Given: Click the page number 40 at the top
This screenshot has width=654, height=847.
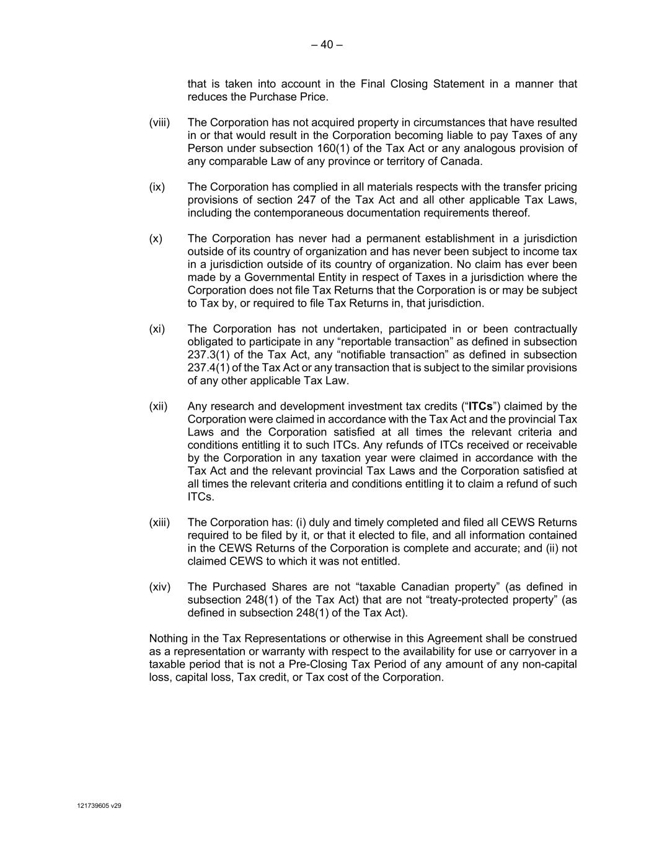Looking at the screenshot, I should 327,45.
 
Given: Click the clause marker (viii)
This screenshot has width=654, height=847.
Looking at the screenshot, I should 159,123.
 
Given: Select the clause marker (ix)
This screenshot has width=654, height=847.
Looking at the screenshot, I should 157,187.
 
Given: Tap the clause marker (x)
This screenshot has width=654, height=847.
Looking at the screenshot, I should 156,239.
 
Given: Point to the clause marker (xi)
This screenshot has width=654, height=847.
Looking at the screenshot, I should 157,329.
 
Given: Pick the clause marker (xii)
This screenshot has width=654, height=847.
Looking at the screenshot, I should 158,407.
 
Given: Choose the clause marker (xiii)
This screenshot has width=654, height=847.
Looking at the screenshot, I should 159,523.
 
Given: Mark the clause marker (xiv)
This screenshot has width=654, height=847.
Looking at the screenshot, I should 159,588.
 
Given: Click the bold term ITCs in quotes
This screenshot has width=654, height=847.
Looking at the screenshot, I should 480,407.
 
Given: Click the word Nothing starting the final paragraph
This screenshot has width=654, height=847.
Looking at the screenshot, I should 169,639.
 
